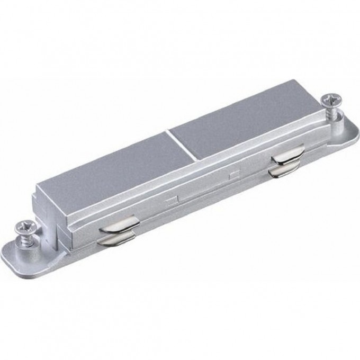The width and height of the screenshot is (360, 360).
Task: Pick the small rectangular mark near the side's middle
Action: tap(172, 199)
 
